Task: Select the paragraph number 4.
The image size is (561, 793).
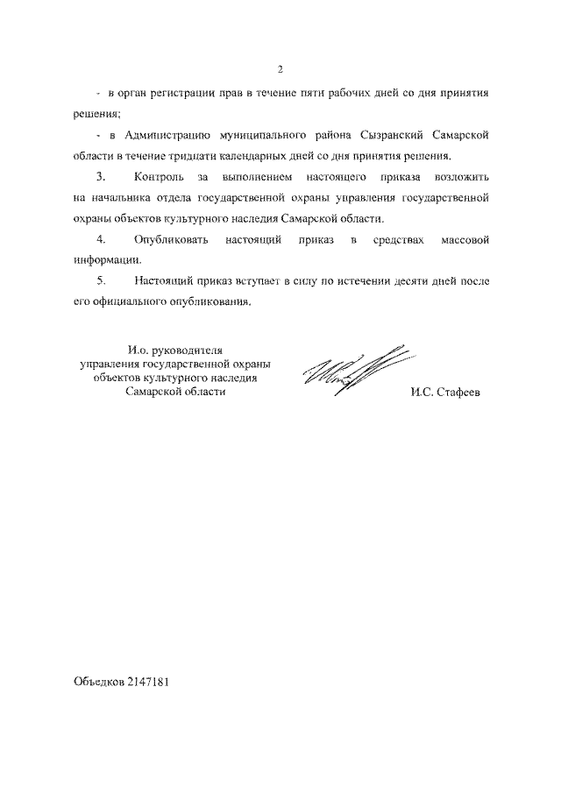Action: [102, 239]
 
